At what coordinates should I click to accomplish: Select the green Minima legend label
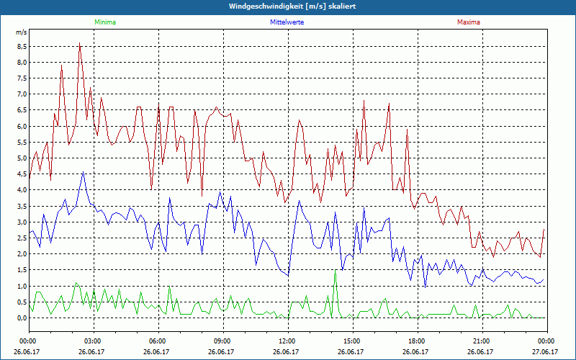[104, 22]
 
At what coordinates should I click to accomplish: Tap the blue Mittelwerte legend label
[287, 22]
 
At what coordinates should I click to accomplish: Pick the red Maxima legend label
[468, 22]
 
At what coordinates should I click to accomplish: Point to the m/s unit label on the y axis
[21, 32]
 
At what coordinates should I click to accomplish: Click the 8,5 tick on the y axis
[22, 46]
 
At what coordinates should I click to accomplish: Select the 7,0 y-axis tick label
[22, 94]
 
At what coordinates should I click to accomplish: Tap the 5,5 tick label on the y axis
[22, 142]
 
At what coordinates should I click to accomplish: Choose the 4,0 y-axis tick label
[22, 190]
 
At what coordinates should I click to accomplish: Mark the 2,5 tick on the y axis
[22, 238]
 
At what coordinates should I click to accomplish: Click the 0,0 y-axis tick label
[22, 318]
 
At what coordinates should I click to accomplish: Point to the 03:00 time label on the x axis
[93, 341]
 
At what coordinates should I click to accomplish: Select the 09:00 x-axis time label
[222, 341]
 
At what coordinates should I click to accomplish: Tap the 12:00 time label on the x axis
[287, 341]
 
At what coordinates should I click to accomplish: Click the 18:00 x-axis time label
[416, 341]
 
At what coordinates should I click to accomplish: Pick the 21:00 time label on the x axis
[481, 341]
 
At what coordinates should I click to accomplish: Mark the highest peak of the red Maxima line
[79, 43]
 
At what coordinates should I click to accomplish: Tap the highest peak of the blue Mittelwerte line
[84, 172]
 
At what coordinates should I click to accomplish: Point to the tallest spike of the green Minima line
[335, 273]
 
